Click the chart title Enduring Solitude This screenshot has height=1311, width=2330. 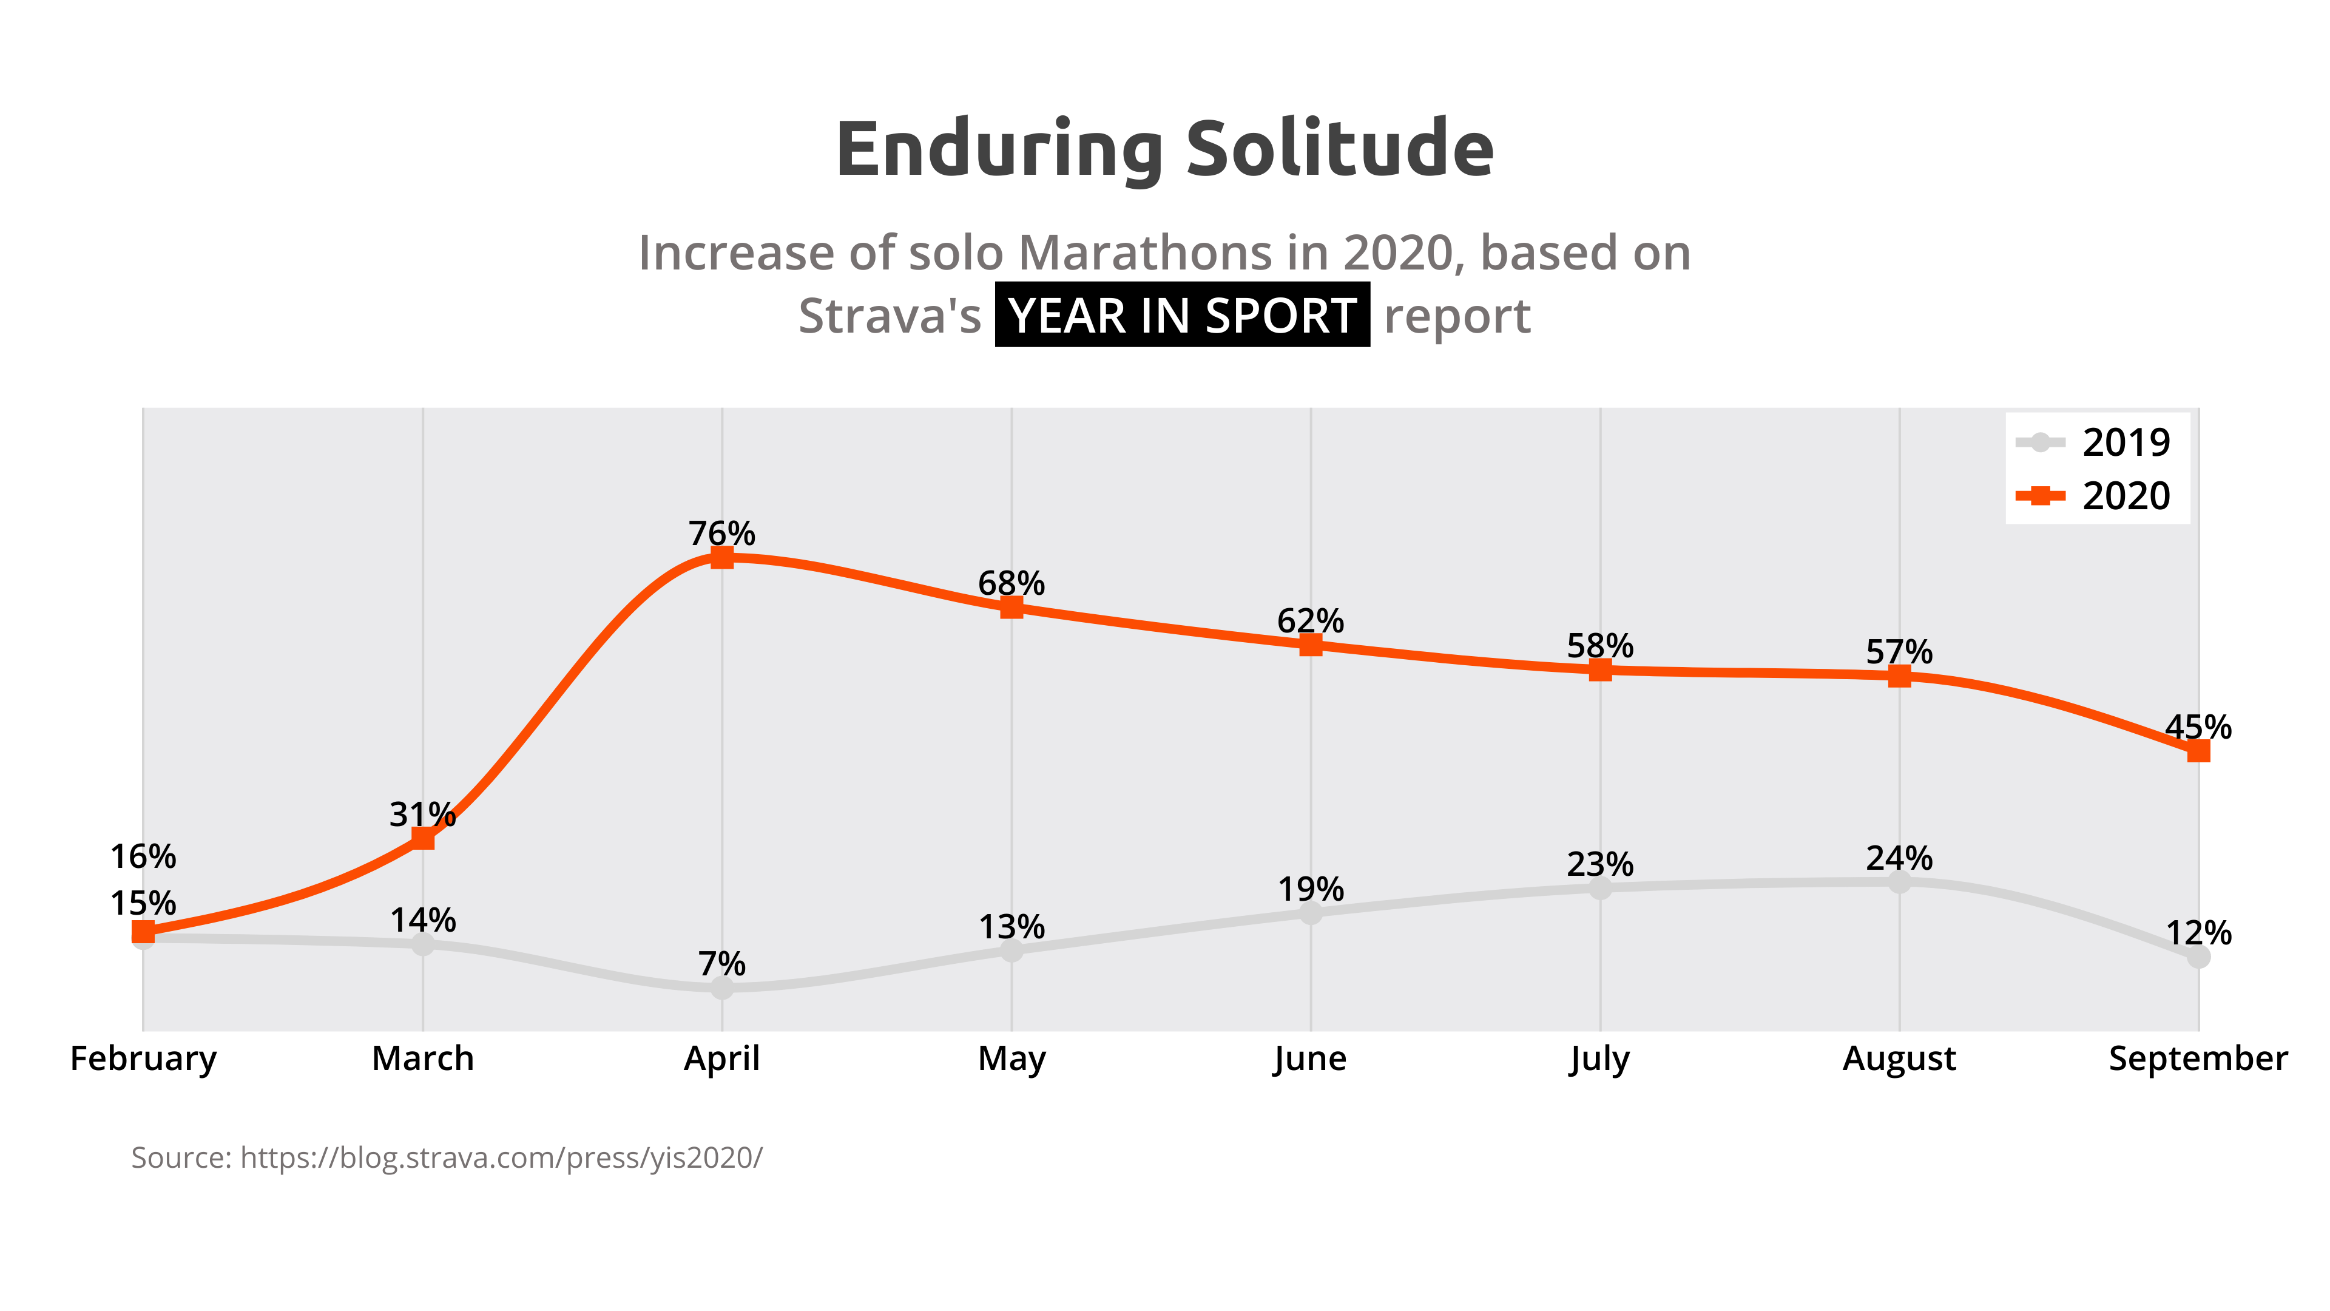pos(1164,149)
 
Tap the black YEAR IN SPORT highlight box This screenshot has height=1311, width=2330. pos(1181,315)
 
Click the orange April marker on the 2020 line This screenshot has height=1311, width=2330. pos(722,557)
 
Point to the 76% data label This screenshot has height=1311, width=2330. pos(722,533)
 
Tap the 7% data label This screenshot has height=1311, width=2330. pos(722,964)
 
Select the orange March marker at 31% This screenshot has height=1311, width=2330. pos(422,838)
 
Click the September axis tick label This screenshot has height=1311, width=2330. pos(2198,1058)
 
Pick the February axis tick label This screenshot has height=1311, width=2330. pos(143,1058)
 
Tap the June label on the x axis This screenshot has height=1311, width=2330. pos(1310,1058)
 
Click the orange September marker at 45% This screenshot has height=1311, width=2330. pos(2198,751)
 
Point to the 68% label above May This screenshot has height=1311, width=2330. pos(1011,583)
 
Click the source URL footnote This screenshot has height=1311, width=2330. pos(447,1157)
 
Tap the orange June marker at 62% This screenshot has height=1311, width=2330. pos(1311,644)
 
